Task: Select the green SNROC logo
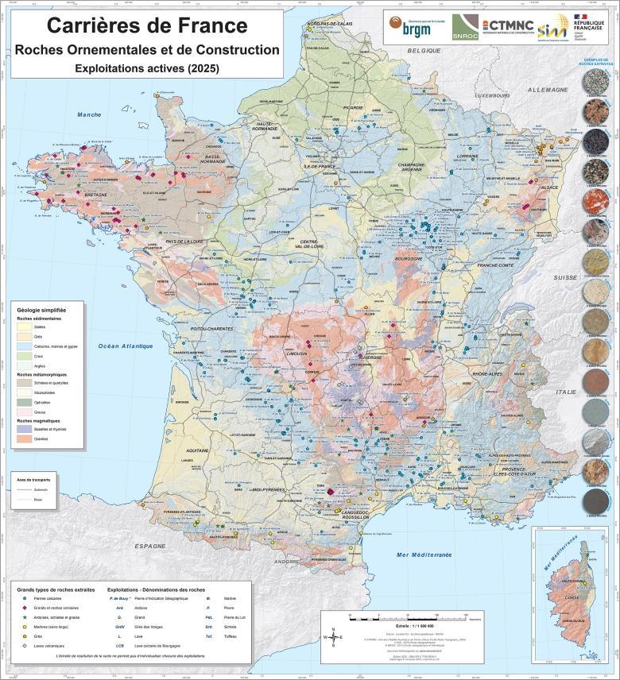coord(465,29)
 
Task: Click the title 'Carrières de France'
coord(147,25)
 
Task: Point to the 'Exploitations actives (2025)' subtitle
coord(147,69)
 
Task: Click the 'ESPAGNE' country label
coord(149,547)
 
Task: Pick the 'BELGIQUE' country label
coord(424,50)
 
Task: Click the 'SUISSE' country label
coord(565,277)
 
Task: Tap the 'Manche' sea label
coord(89,115)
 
